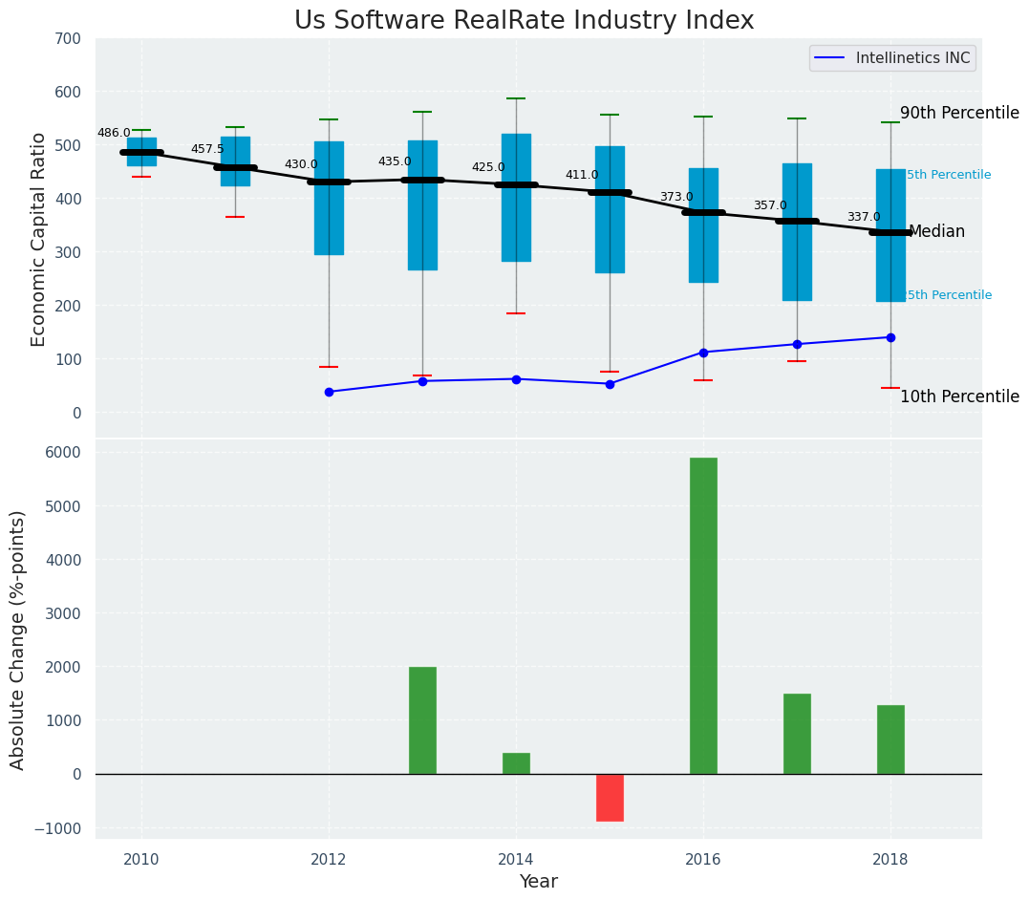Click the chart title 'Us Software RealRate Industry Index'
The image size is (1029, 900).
coord(524,21)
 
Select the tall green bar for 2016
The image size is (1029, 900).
coord(703,615)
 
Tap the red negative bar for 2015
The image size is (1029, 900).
coord(610,798)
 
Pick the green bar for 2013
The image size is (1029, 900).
coord(422,720)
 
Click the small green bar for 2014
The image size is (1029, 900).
coord(516,763)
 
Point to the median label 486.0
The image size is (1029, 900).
coord(114,133)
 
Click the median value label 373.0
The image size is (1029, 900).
coord(676,197)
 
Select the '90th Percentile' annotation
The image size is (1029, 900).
coord(959,113)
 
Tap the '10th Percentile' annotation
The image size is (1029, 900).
coord(959,396)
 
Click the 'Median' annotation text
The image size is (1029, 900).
coord(936,231)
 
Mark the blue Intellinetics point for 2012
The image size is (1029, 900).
coord(329,392)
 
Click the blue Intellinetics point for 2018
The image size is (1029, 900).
coord(890,337)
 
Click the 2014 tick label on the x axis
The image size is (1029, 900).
coord(516,858)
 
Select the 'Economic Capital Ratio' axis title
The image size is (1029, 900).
coord(39,239)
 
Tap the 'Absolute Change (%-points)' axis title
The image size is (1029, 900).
coord(18,639)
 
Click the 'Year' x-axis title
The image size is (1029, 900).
coord(538,882)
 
